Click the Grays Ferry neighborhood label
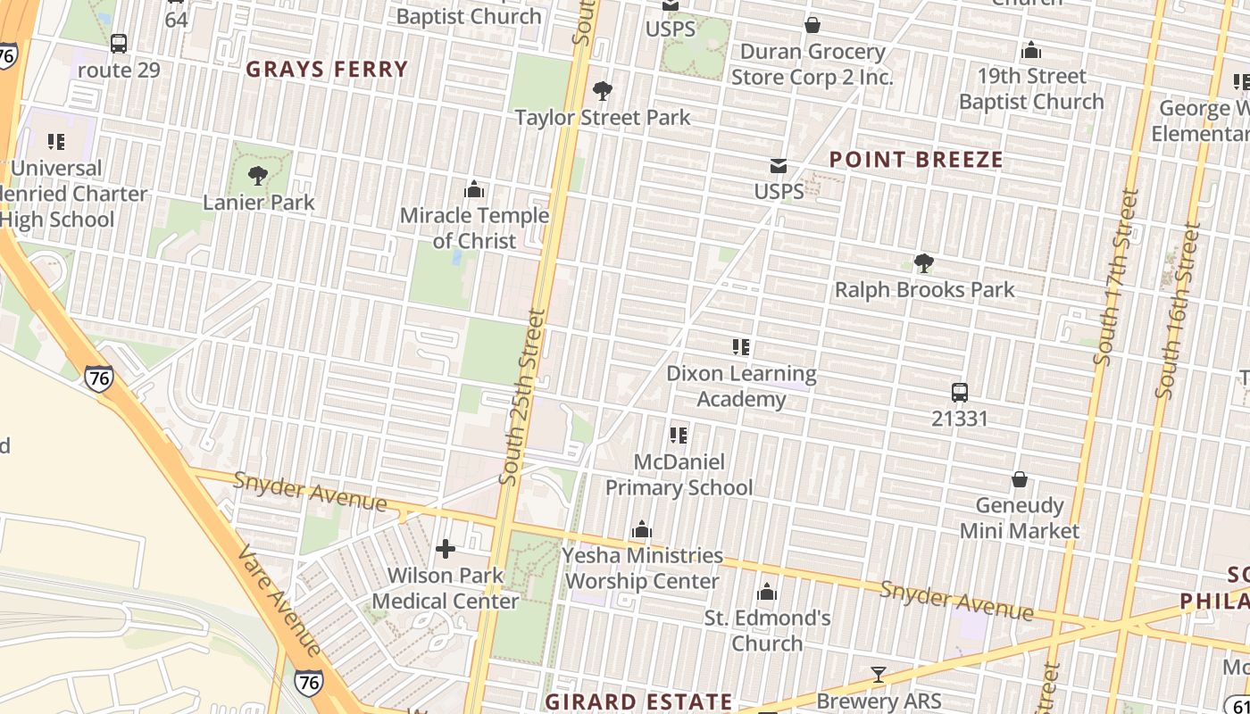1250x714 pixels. coord(327,70)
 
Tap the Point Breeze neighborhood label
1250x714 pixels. coord(916,160)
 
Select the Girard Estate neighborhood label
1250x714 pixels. coord(638,702)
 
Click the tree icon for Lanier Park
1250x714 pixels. coord(258,176)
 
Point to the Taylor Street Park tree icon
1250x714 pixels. coord(603,91)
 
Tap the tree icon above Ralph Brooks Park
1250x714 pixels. coord(924,263)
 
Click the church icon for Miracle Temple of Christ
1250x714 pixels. coord(474,189)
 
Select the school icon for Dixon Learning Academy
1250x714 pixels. coord(741,347)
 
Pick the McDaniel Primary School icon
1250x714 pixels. coord(679,436)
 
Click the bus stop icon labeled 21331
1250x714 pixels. coord(960,393)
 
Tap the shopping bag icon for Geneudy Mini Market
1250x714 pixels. coord(1019,480)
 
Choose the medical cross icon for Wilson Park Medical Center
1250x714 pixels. coord(445,549)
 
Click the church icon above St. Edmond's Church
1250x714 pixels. coord(767,593)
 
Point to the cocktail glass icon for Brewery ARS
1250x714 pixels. coord(879,676)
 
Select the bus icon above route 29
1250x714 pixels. coord(119,44)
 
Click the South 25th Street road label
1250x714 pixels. coord(522,397)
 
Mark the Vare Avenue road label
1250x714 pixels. coord(279,600)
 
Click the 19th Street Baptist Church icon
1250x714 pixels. coord(1031,50)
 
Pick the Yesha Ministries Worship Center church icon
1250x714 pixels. coord(641,530)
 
